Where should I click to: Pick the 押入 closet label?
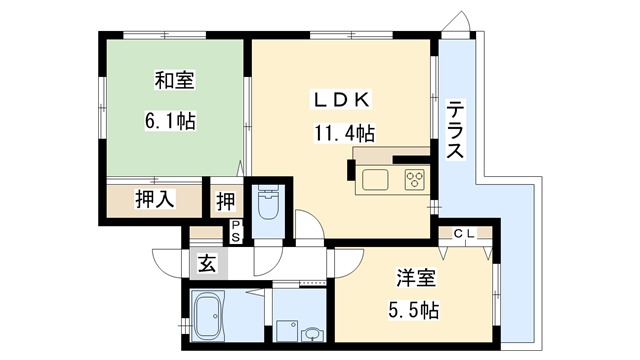point(155,198)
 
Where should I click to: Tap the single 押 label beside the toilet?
point(225,200)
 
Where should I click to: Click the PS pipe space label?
point(236,231)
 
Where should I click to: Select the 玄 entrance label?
point(206,264)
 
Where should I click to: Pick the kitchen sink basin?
point(376,180)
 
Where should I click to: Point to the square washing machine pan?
point(288,327)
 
